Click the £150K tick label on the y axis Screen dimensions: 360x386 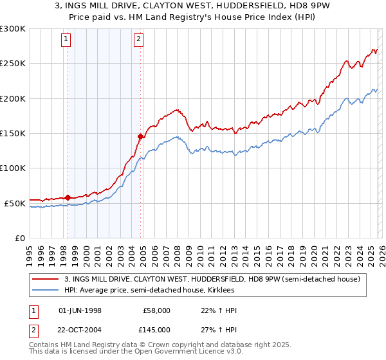point(12,133)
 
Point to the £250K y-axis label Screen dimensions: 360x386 point(12,64)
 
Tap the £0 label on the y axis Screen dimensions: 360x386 point(19,238)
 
